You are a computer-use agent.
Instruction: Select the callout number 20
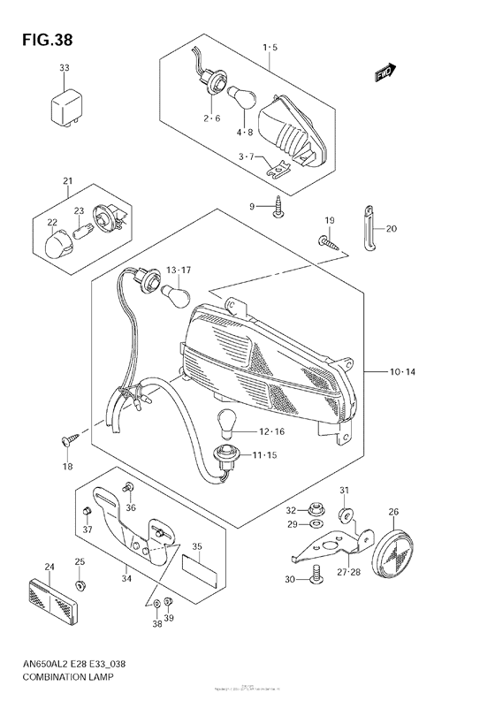click(392, 228)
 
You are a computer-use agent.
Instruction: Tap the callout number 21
click(66, 182)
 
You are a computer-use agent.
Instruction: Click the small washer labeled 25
click(80, 585)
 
